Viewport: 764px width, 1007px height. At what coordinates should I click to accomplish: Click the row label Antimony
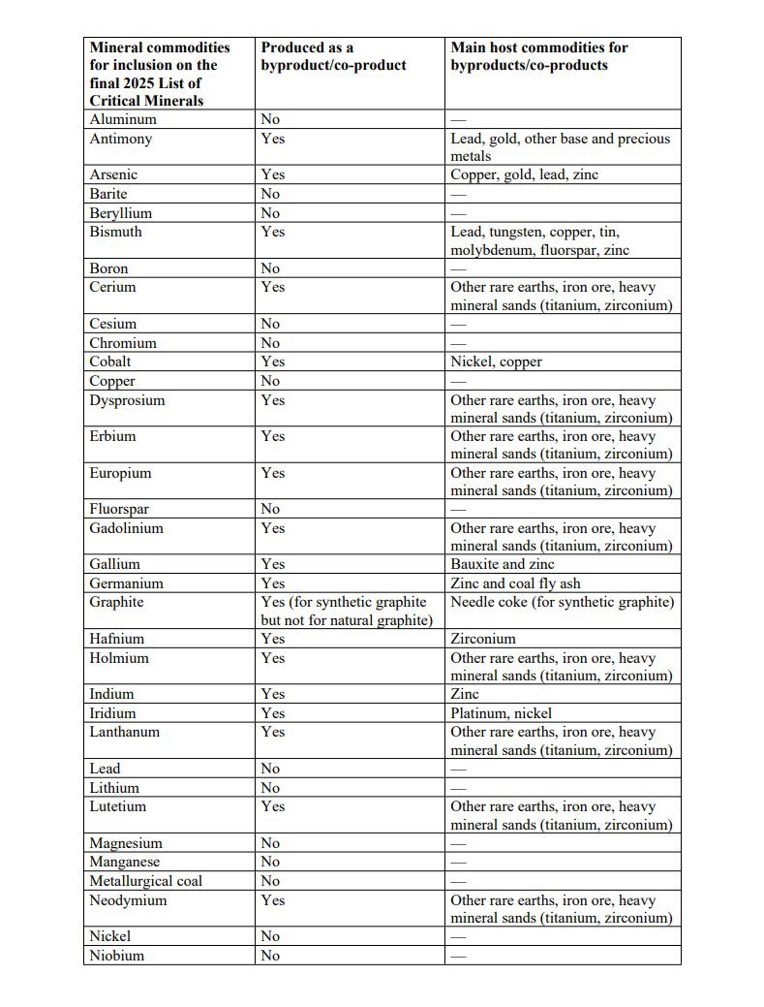[x=121, y=139]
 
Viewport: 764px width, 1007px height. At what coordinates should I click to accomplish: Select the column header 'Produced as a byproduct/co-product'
[x=333, y=56]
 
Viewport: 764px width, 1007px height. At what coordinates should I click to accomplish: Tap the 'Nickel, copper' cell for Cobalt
[x=496, y=362]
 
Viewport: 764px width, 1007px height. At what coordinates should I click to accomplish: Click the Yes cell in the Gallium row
[x=273, y=564]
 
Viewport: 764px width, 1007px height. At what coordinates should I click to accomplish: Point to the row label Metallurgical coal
[x=146, y=881]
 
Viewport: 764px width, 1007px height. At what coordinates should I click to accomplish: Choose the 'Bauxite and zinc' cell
[x=503, y=564]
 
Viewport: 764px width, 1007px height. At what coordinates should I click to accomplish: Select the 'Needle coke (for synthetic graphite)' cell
[x=563, y=602]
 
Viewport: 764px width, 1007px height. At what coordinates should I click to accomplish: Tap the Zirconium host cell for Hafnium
[x=483, y=639]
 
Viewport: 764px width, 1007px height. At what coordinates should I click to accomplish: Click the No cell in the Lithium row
[x=270, y=788]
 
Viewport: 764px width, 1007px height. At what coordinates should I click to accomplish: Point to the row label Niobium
[x=117, y=956]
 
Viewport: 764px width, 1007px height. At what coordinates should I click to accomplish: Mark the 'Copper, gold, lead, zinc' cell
[x=524, y=174]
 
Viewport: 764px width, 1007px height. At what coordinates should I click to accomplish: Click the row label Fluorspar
[x=119, y=509]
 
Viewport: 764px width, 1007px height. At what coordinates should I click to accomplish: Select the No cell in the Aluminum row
[x=270, y=119]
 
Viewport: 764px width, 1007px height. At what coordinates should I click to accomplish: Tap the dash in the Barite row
[x=458, y=194]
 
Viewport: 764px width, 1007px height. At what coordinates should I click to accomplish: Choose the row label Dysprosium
[x=127, y=400]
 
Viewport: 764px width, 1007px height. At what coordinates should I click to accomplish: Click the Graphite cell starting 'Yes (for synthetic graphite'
[x=346, y=611]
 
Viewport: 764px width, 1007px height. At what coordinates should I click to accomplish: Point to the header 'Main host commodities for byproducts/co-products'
[x=539, y=56]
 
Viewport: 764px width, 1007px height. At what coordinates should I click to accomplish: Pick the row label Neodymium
[x=128, y=900]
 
